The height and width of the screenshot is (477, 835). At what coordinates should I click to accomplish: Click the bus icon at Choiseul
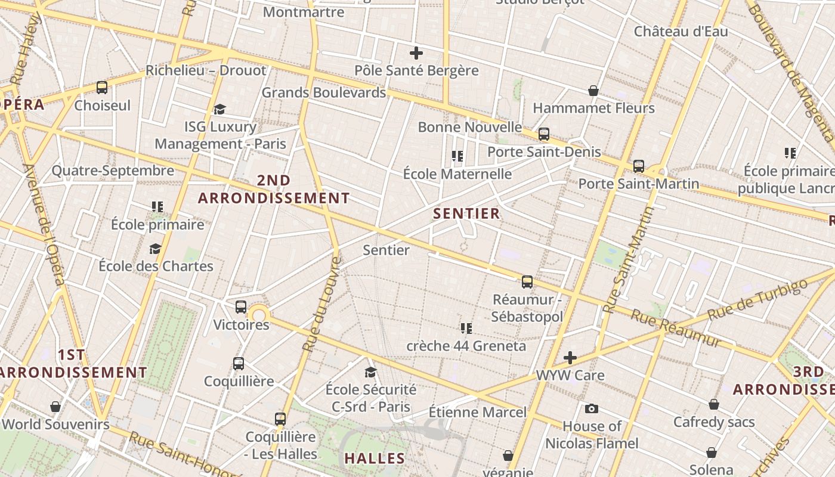tap(102, 88)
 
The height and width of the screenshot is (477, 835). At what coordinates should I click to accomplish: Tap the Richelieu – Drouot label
tap(206, 70)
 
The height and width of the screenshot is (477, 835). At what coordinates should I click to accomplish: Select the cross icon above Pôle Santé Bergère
tap(416, 53)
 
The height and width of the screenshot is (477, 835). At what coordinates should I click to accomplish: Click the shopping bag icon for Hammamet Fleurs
tap(593, 91)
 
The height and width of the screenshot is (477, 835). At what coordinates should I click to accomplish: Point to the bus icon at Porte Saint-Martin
tap(639, 166)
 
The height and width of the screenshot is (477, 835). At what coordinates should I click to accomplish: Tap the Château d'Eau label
tap(681, 31)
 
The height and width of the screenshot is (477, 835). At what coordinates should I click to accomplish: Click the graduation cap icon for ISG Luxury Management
tap(219, 109)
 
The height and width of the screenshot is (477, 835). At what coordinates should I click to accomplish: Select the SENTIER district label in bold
tap(466, 213)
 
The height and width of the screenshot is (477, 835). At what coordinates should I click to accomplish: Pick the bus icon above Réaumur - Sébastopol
tap(527, 282)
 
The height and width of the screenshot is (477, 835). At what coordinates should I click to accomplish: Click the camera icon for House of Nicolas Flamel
tap(592, 408)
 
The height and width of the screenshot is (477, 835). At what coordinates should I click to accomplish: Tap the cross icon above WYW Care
tap(570, 358)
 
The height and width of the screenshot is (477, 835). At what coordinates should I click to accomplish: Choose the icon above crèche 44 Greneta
tap(466, 328)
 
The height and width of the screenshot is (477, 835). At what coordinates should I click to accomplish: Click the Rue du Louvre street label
tap(322, 304)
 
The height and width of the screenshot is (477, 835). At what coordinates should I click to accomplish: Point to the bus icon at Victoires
tap(241, 307)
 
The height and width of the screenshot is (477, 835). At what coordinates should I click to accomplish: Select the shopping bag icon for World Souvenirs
tap(55, 407)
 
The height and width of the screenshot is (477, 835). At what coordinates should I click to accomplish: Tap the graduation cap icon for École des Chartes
tap(156, 249)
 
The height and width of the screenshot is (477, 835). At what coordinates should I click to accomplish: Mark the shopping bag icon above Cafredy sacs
tap(714, 405)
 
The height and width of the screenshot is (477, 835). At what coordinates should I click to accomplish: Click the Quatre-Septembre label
tap(113, 171)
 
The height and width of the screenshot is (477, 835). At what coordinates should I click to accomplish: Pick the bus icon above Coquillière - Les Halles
tap(280, 419)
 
